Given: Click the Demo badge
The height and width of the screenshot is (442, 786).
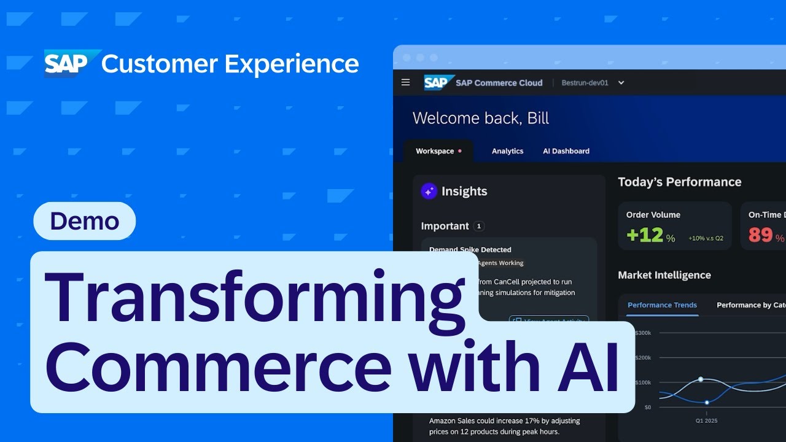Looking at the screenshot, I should click(84, 221).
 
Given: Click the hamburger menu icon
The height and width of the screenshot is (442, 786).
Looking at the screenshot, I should click(405, 82).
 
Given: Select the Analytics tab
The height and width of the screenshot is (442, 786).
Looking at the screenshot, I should click(507, 151).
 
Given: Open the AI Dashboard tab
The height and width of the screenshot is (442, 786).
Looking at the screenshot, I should click(566, 151).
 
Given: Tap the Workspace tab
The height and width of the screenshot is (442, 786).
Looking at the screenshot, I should click(435, 151).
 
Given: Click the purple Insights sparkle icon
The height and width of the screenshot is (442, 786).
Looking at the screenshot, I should click(429, 191).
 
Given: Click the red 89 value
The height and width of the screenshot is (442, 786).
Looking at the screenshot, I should click(760, 235).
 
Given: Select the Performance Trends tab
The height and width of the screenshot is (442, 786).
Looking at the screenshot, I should click(662, 305).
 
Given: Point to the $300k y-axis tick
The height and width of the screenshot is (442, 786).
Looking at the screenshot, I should click(642, 333).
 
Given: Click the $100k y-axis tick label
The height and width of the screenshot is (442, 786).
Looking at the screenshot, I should click(642, 382).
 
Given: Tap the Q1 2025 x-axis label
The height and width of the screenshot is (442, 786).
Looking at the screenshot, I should click(706, 421).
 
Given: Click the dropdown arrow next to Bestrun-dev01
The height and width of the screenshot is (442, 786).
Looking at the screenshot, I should click(621, 83).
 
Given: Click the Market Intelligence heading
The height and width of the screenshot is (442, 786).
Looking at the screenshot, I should click(664, 275).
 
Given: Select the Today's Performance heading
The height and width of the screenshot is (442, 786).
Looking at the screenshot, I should click(679, 182).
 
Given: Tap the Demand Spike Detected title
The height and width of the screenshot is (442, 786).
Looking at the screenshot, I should click(470, 250).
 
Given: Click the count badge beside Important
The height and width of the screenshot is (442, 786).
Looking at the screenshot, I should click(479, 226).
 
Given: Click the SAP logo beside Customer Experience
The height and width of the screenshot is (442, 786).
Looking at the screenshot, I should click(71, 63).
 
